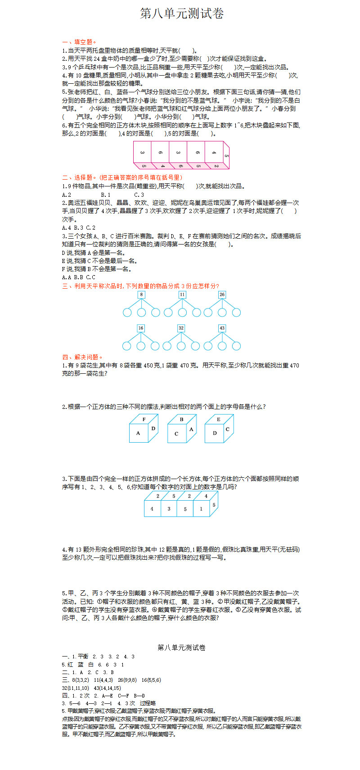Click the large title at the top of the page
point(182,14)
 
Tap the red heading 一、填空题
point(79,42)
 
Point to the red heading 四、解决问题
point(82,357)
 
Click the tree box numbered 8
point(141,294)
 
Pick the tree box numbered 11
point(182,294)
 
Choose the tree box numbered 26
point(222,294)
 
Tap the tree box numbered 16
point(141,328)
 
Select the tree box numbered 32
point(181,328)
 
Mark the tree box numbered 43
point(222,328)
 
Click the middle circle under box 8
point(141,313)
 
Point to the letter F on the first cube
point(144,420)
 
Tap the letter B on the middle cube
point(181,420)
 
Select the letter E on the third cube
point(219,420)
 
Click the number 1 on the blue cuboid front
point(201,509)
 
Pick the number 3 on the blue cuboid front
point(169,509)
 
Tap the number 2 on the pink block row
point(216,166)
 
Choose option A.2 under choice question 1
point(67,195)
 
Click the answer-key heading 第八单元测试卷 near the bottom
point(182,648)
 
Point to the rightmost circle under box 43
point(236,346)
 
